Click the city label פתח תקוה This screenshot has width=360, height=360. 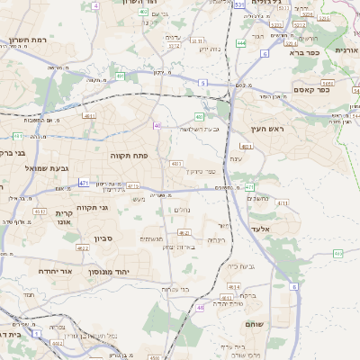129,156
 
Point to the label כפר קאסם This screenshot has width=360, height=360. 312,89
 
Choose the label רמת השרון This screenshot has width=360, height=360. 28,40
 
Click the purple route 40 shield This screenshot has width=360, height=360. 157,125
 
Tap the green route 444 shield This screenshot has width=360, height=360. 240,42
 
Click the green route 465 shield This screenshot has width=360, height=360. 337,255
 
